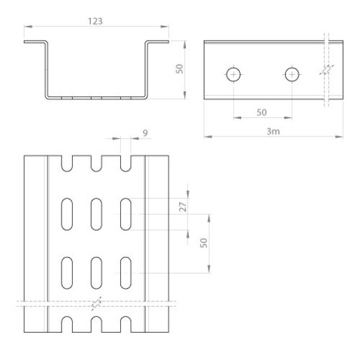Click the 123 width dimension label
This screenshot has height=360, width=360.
click(95, 21)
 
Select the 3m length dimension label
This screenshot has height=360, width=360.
click(273, 131)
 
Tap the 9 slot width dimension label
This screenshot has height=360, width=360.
click(145, 133)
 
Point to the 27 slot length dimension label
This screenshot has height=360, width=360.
click(183, 207)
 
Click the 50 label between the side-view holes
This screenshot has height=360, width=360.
click(261, 113)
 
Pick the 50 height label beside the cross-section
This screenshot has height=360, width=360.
click(180, 69)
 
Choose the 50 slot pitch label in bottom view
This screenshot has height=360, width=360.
click(203, 243)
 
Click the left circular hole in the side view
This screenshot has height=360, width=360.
click(233, 75)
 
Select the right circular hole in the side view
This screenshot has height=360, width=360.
click(292, 75)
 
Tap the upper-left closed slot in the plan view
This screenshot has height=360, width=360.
click(67, 214)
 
